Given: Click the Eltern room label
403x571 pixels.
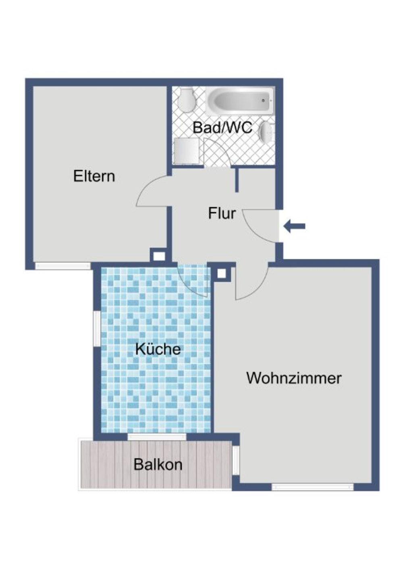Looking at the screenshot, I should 94,177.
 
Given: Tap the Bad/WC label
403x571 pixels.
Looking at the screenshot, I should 222,127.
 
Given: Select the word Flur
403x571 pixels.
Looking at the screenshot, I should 222,213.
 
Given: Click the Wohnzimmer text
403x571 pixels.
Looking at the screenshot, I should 294,378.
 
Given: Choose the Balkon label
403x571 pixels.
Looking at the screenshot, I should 158,465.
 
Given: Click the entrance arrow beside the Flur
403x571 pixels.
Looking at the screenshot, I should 295,226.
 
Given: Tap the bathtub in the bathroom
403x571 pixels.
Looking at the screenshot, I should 239,100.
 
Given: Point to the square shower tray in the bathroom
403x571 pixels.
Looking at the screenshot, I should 187,151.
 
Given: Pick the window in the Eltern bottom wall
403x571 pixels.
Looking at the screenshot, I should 62,266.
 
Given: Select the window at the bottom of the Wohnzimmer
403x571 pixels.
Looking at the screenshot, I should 312,487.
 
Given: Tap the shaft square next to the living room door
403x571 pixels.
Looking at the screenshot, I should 221,273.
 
